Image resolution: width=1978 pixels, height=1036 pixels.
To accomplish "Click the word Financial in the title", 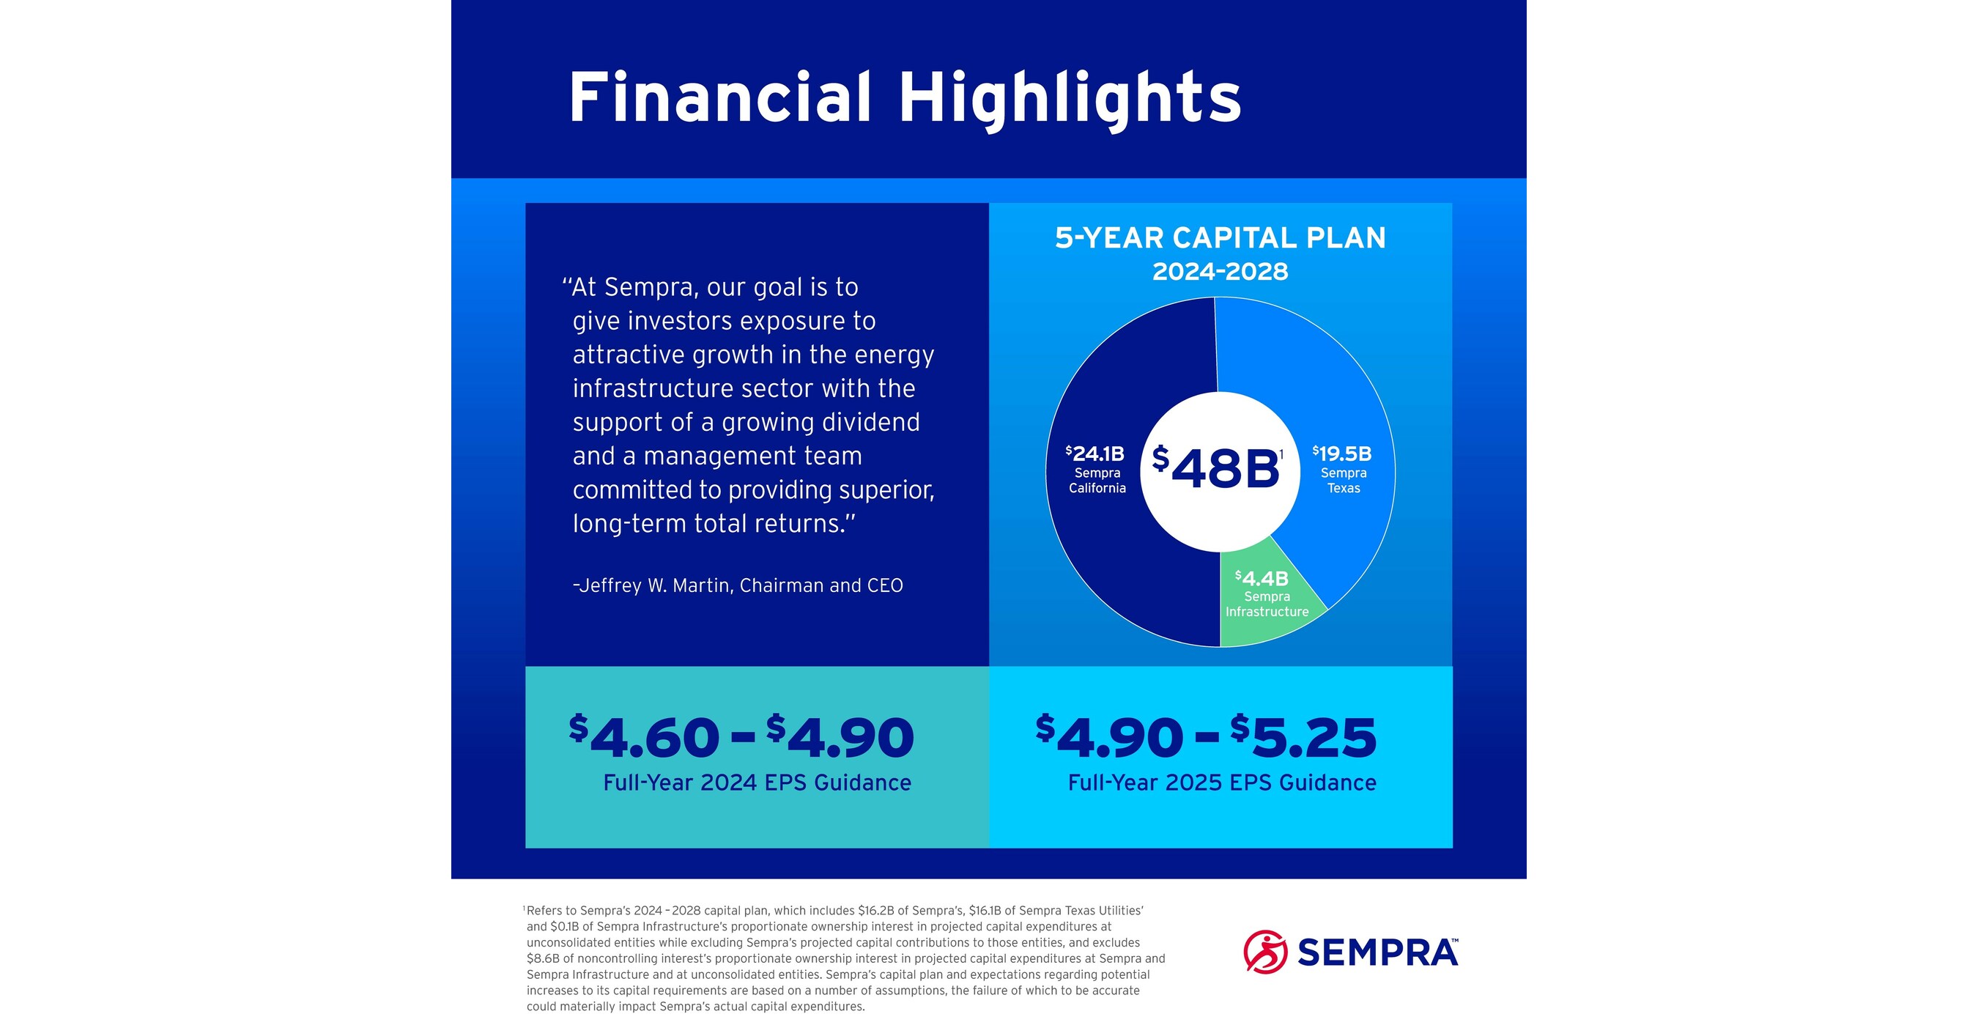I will click(719, 98).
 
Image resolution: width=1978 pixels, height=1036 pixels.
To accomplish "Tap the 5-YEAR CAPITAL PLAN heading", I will click(1219, 238).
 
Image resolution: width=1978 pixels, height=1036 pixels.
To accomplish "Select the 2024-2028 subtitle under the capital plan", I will click(1219, 272).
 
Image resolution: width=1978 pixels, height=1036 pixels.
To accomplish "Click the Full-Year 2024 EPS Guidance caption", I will click(756, 782).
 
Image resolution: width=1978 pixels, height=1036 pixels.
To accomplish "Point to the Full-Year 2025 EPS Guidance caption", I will click(1221, 782).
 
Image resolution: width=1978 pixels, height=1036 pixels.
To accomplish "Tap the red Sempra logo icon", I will click(1264, 952).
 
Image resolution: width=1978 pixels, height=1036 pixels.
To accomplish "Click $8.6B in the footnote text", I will click(542, 958).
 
